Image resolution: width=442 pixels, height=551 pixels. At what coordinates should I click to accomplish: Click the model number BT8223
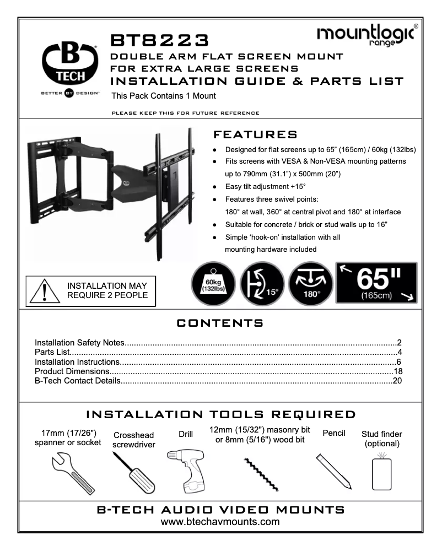click(x=160, y=41)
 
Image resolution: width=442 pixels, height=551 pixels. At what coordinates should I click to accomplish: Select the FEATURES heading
click(x=255, y=135)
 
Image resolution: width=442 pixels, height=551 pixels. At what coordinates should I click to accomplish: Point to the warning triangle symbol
click(x=44, y=290)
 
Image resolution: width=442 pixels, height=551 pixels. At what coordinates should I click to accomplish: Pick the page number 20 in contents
click(x=398, y=381)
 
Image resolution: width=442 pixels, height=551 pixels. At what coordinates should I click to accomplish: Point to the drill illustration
click(x=186, y=472)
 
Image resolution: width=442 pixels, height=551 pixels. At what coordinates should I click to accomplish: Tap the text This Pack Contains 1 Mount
click(x=163, y=96)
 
